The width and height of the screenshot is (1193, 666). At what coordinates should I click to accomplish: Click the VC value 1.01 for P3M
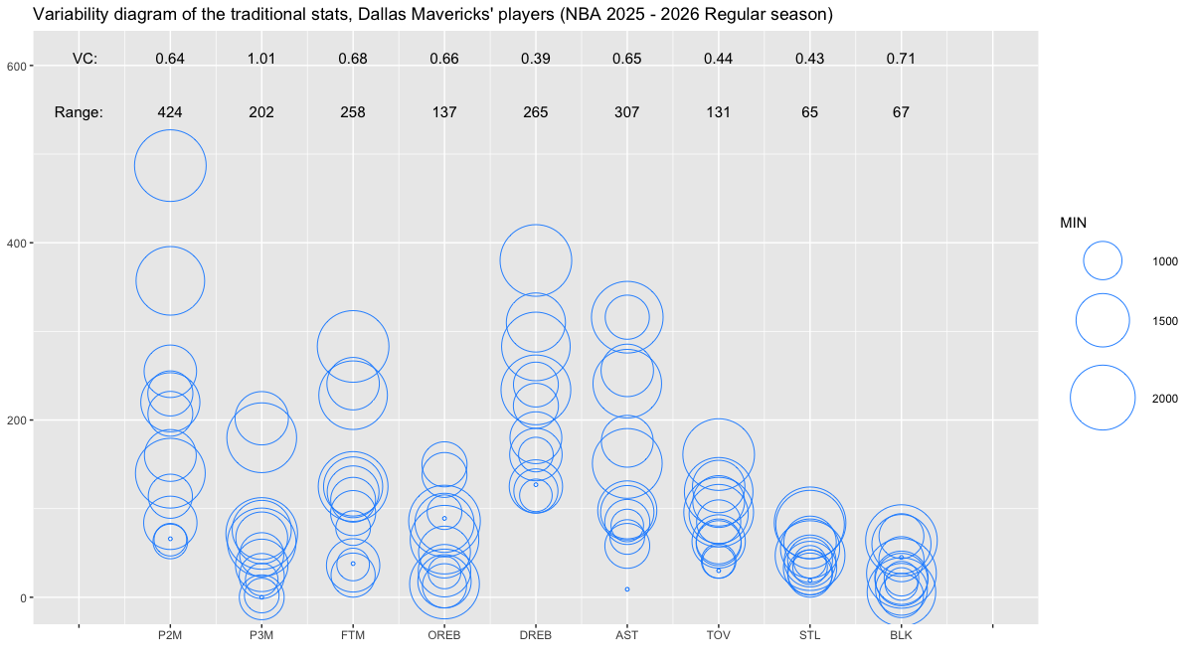pyautogui.click(x=261, y=59)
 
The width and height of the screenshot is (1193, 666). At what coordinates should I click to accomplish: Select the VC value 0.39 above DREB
pyautogui.click(x=536, y=59)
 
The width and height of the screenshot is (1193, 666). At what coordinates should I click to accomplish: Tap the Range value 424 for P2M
pyautogui.click(x=170, y=112)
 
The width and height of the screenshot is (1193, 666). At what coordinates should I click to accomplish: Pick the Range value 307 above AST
pyautogui.click(x=627, y=112)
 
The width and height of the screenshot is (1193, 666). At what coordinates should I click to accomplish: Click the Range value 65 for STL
pyautogui.click(x=810, y=112)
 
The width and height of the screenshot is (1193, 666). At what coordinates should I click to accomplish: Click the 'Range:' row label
pyautogui.click(x=79, y=112)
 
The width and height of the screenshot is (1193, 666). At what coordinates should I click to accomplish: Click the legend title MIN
pyautogui.click(x=1074, y=224)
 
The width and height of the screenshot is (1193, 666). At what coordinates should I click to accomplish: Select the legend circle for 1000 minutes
pyautogui.click(x=1103, y=260)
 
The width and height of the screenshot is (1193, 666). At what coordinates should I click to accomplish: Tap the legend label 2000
pyautogui.click(x=1165, y=398)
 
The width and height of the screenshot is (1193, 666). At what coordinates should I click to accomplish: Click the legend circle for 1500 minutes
pyautogui.click(x=1103, y=320)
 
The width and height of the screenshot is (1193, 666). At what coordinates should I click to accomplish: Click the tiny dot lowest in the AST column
pyautogui.click(x=627, y=588)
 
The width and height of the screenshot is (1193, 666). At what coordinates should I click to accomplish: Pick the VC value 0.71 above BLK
pyautogui.click(x=901, y=59)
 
